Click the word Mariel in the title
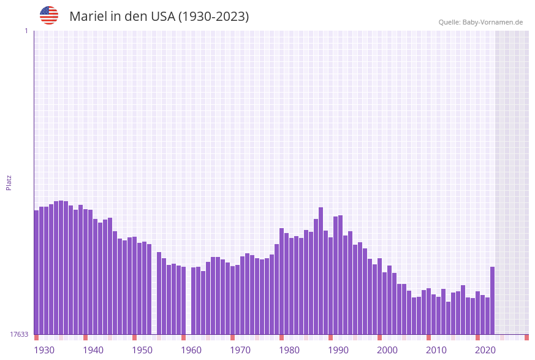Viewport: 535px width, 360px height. pyautogui.click(x=87, y=17)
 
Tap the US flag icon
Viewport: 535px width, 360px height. pyautogui.click(x=49, y=15)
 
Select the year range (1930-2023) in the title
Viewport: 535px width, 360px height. pyautogui.click(x=213, y=17)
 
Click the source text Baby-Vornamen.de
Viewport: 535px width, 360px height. pyautogui.click(x=492, y=22)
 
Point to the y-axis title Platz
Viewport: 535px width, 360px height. pyautogui.click(x=9, y=182)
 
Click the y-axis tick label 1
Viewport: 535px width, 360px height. pyautogui.click(x=26, y=31)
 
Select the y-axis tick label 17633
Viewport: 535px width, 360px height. pyautogui.click(x=19, y=334)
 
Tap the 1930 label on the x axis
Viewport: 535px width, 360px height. pyautogui.click(x=44, y=350)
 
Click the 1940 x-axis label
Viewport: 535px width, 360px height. pyautogui.click(x=93, y=350)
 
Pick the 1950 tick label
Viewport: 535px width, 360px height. pyautogui.click(x=142, y=350)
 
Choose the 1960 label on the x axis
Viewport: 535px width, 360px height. pyautogui.click(x=191, y=350)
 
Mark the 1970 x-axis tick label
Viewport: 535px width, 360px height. pyautogui.click(x=240, y=350)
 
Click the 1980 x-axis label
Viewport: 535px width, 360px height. pyautogui.click(x=289, y=350)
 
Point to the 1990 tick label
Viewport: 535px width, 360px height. pyautogui.click(x=338, y=350)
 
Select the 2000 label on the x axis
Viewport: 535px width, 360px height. pyautogui.click(x=387, y=350)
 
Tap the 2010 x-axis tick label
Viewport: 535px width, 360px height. pyautogui.click(x=436, y=350)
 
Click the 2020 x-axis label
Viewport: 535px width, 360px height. pyautogui.click(x=485, y=350)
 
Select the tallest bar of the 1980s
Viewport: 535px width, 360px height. pyautogui.click(x=321, y=270)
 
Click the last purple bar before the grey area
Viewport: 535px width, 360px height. pyautogui.click(x=492, y=301)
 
